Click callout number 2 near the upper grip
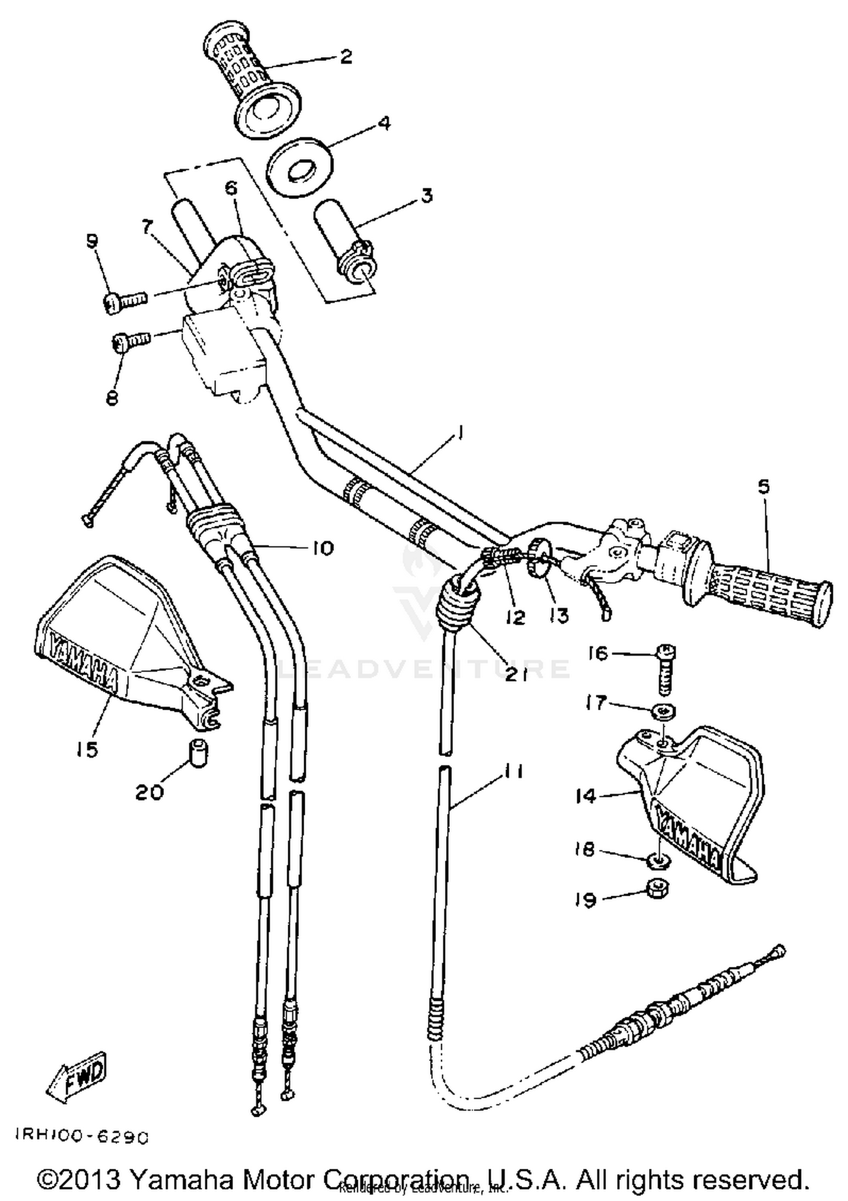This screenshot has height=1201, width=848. (x=346, y=57)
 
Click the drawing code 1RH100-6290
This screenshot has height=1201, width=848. (x=81, y=1137)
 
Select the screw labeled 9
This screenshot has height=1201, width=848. (x=126, y=300)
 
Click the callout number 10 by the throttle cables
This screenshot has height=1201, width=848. (x=321, y=548)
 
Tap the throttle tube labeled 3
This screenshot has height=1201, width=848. (x=344, y=243)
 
